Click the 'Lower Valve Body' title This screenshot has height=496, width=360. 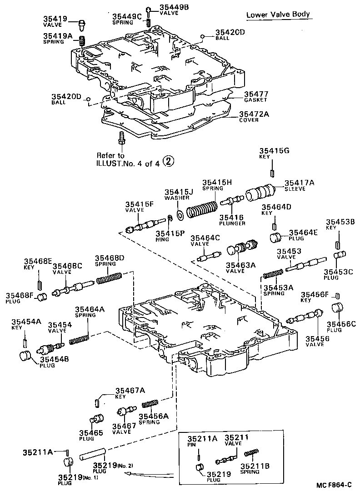click(x=278, y=15)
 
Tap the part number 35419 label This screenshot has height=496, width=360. click(x=55, y=19)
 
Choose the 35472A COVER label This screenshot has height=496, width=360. click(x=255, y=117)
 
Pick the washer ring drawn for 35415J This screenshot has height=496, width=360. click(x=180, y=214)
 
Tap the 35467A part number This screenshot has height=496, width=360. click(x=130, y=390)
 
